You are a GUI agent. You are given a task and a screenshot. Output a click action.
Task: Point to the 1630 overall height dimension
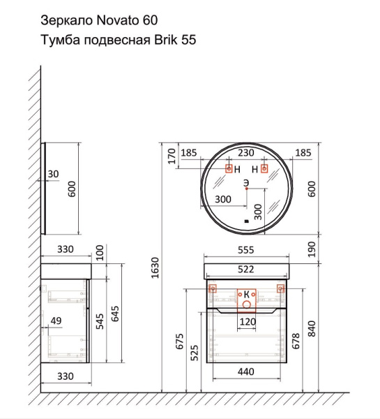pos(156,268)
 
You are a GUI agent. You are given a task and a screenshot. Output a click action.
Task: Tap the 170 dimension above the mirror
pos(169,155)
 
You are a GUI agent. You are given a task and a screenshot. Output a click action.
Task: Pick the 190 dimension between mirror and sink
pos(312,249)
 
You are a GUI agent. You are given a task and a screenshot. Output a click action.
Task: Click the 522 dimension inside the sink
pos(244,270)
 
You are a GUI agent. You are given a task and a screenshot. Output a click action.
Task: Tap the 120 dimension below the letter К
pos(247,322)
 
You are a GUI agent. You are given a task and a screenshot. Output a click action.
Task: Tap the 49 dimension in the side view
pos(56,321)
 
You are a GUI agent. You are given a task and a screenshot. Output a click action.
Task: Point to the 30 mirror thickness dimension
pos(53,174)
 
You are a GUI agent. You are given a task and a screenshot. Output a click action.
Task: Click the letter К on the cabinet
pos(246,295)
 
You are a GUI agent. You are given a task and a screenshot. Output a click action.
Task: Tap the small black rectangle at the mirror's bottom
pos(246,222)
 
